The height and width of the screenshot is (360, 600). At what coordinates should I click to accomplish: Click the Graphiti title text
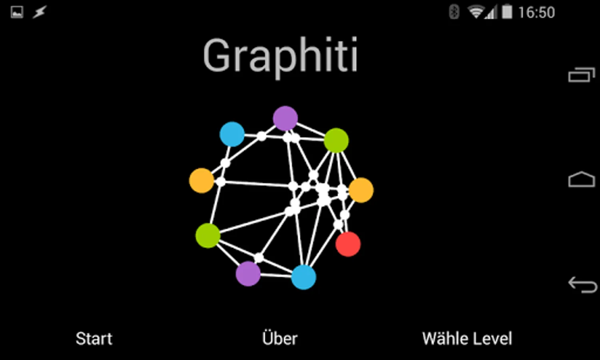pyautogui.click(x=280, y=56)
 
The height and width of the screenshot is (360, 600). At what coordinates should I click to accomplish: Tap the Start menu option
pyautogui.click(x=94, y=339)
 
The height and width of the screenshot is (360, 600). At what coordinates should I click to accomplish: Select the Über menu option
pyautogui.click(x=280, y=338)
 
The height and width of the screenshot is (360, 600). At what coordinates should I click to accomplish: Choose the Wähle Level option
pyautogui.click(x=467, y=339)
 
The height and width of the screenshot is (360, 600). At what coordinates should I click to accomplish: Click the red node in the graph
pyautogui.click(x=348, y=244)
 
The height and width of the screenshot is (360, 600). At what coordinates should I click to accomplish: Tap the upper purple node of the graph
pyautogui.click(x=285, y=118)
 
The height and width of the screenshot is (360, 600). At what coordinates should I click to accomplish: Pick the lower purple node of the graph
pyautogui.click(x=248, y=274)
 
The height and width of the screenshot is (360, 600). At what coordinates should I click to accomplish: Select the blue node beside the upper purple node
pyautogui.click(x=232, y=134)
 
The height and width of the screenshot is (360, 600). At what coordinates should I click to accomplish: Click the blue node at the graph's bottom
pyautogui.click(x=304, y=277)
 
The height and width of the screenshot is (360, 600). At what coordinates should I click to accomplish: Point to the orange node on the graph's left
pyautogui.click(x=201, y=180)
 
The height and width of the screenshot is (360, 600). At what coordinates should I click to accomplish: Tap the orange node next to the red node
pyautogui.click(x=361, y=190)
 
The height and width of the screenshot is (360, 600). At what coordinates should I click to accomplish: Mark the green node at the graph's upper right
pyautogui.click(x=336, y=140)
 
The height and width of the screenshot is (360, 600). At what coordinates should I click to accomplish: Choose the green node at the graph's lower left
pyautogui.click(x=208, y=236)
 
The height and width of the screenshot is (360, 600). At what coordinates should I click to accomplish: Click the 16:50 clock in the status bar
pyautogui.click(x=536, y=13)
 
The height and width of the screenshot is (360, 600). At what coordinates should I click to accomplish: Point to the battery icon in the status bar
pyautogui.click(x=507, y=12)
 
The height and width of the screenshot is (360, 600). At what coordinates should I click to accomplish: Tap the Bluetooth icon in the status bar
pyautogui.click(x=454, y=12)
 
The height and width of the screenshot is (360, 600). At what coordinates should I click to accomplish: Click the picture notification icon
pyautogui.click(x=17, y=12)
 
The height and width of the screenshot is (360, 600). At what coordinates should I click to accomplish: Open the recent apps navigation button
pyautogui.click(x=582, y=75)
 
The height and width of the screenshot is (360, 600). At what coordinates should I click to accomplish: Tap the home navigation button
pyautogui.click(x=582, y=180)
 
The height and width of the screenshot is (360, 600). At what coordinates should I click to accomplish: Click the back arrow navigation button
pyautogui.click(x=582, y=284)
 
